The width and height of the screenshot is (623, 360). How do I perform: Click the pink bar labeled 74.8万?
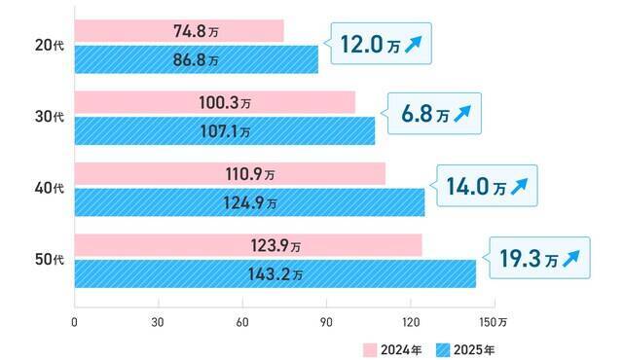(179, 30)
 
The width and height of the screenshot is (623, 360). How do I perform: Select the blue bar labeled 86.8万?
(196, 59)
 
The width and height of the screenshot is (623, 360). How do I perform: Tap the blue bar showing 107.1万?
(224, 130)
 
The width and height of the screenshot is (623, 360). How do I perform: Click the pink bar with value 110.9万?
(230, 174)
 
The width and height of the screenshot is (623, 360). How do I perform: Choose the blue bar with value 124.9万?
(249, 202)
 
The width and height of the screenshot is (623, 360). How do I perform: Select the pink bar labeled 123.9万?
(248, 245)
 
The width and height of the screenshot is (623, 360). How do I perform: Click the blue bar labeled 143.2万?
(275, 274)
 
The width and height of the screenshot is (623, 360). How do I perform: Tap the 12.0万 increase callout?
(381, 44)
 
